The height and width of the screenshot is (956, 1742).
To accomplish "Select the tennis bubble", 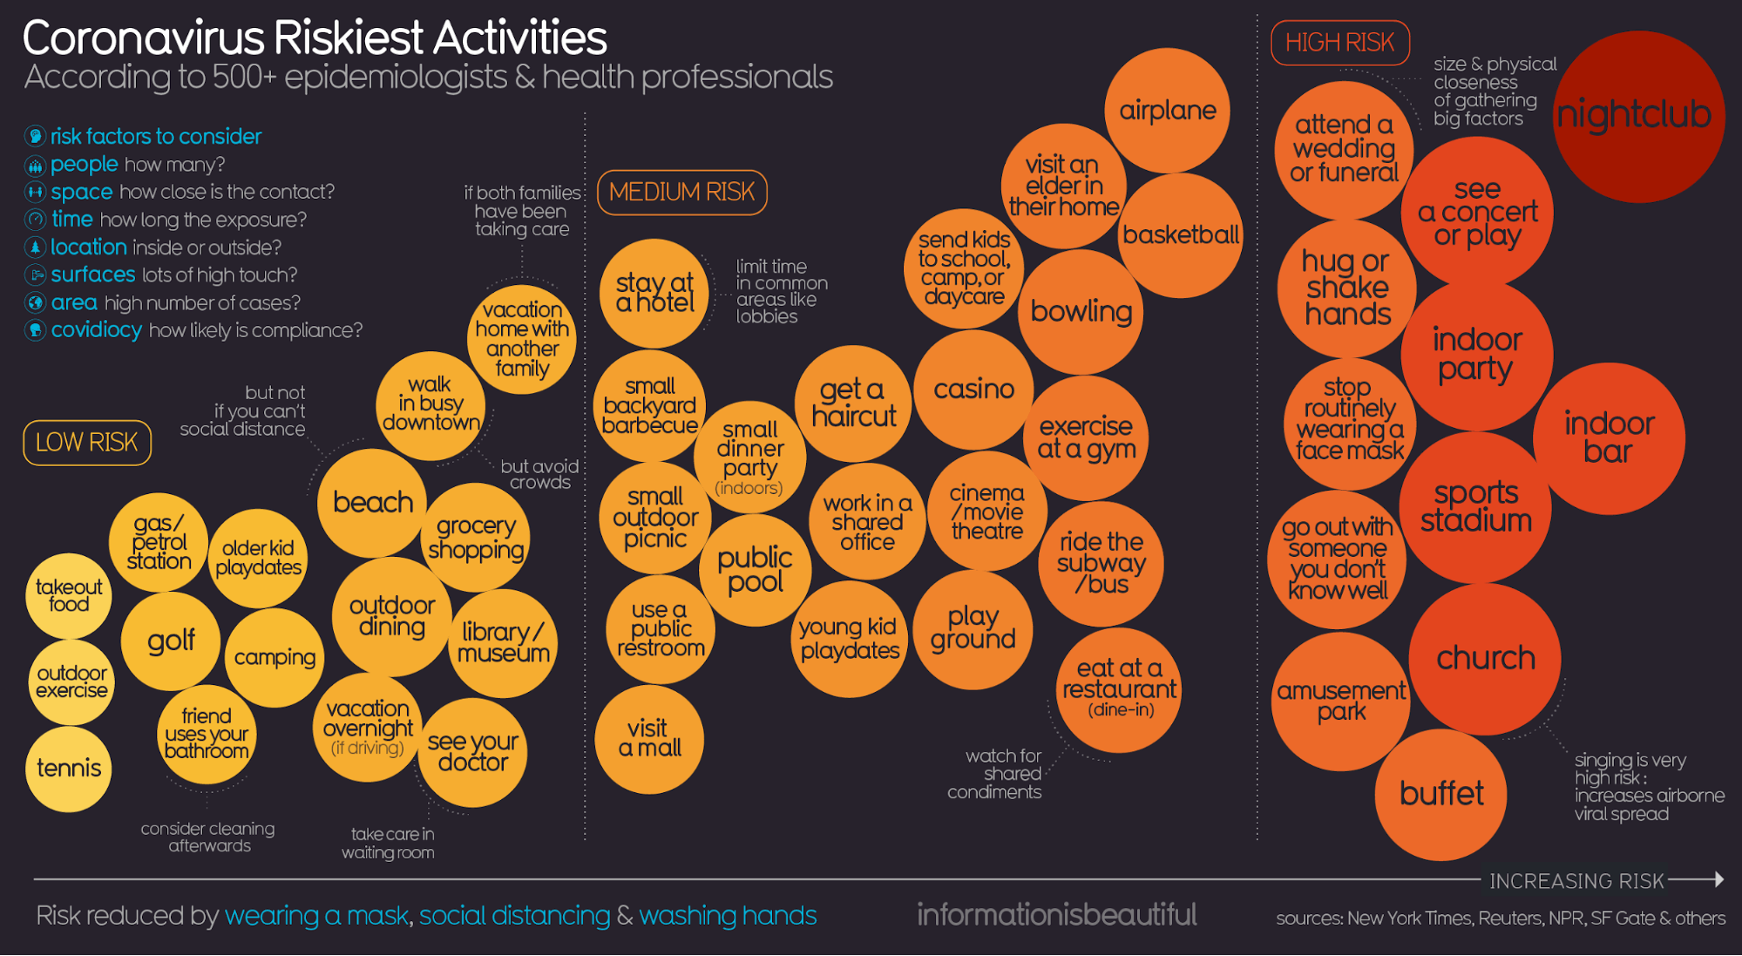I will (x=69, y=769).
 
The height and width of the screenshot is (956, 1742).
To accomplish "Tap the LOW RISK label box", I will (x=87, y=443).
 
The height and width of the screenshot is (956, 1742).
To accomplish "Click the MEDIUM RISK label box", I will (x=681, y=192).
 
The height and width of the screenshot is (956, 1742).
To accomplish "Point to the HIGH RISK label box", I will (x=1339, y=43).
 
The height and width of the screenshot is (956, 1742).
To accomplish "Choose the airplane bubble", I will (x=1167, y=111).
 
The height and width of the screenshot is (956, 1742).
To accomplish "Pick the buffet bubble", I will (x=1441, y=794).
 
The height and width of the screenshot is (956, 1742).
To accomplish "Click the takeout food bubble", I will (x=69, y=596).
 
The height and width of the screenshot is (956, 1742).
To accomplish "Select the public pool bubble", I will (x=755, y=570).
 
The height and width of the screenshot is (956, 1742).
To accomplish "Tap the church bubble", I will (x=1485, y=658).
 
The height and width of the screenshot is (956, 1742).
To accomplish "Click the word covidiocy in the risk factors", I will (x=96, y=330).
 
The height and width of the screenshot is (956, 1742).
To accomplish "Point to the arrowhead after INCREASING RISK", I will (x=1718, y=879).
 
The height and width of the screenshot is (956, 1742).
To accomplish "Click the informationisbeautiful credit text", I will (x=1056, y=914).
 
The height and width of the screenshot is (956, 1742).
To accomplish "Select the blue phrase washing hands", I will (x=728, y=916).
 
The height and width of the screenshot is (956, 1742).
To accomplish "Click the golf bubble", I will (x=171, y=641).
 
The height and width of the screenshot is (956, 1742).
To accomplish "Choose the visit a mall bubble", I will (x=649, y=739).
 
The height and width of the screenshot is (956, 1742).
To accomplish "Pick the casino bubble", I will (x=973, y=390).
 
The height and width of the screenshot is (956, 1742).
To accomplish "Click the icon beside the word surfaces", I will (x=35, y=275).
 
